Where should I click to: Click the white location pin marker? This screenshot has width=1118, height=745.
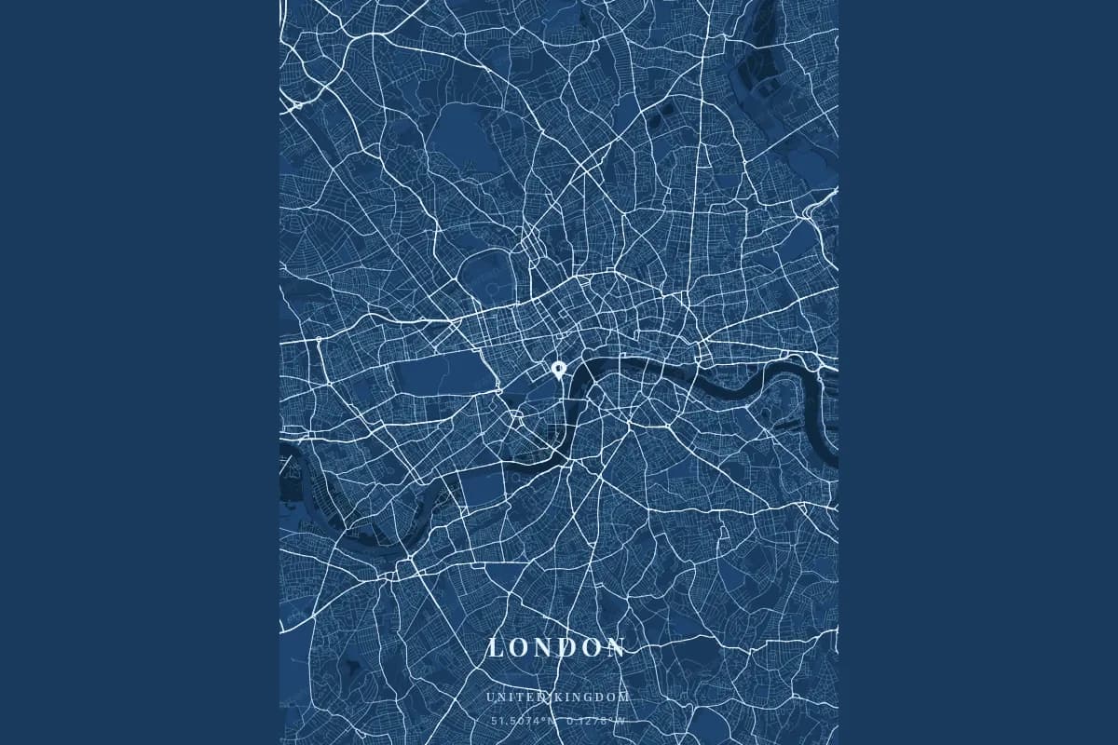tap(558, 369)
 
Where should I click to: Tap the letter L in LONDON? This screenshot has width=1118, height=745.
tap(496, 648)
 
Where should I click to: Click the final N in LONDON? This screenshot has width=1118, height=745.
tap(618, 648)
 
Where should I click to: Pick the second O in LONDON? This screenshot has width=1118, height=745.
tap(593, 648)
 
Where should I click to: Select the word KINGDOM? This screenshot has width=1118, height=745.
tap(594, 698)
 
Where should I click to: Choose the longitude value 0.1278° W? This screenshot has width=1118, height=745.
tap(596, 720)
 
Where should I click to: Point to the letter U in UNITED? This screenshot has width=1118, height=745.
tap(489, 698)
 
